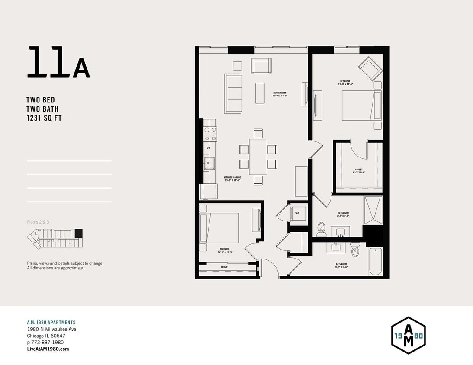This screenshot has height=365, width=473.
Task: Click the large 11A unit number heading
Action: click(x=58, y=63)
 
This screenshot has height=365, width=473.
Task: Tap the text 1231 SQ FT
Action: click(x=44, y=118)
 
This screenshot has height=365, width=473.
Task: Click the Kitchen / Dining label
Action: click(x=232, y=179)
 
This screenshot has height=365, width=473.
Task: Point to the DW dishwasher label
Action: click(x=208, y=148)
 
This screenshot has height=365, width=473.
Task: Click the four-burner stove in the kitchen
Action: click(x=210, y=134)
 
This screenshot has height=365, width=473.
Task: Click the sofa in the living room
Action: click(x=232, y=93)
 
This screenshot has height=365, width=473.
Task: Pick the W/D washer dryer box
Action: click(x=297, y=214)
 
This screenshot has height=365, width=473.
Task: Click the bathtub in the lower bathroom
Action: click(x=375, y=260)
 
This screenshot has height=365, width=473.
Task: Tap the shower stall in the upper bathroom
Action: click(x=373, y=211)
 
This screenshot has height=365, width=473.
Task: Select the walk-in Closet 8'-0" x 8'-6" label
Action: click(x=358, y=171)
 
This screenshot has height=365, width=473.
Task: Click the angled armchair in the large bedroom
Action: click(x=370, y=68)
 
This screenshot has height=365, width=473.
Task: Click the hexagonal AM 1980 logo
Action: click(x=408, y=336)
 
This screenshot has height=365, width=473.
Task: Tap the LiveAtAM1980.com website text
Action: click(x=48, y=349)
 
